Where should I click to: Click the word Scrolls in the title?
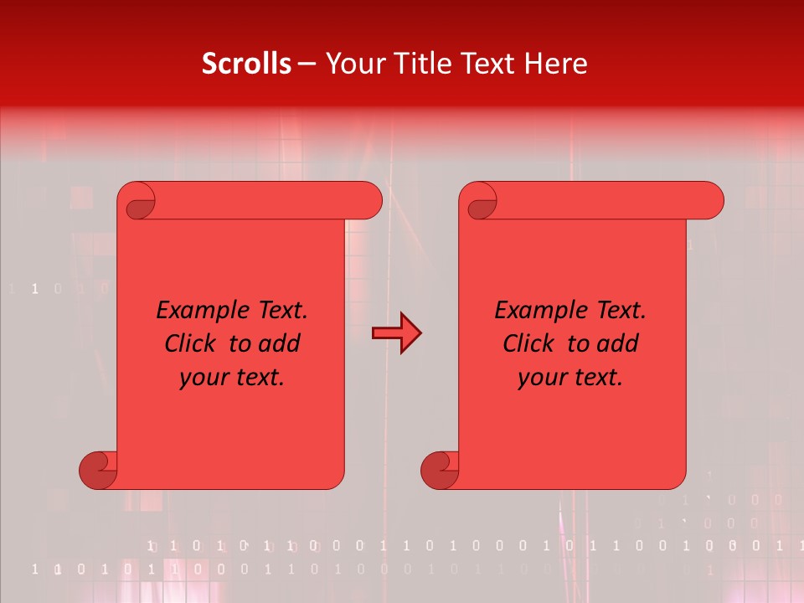pos(247,64)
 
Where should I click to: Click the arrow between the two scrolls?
pos(396,333)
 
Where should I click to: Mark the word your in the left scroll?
pos(204,378)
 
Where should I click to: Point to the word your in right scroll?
pos(542,378)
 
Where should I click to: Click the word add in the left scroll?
pos(279,343)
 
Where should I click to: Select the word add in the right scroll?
pos(617,343)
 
